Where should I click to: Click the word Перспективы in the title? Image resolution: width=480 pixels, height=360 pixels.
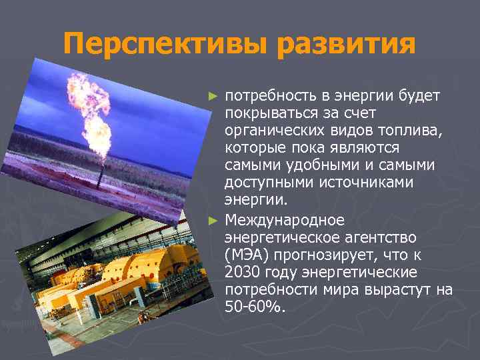pyautogui.click(x=167, y=45)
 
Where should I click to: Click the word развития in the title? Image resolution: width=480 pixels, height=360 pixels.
pyautogui.click(x=347, y=45)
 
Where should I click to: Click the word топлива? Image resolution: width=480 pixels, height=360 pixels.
pyautogui.click(x=410, y=131)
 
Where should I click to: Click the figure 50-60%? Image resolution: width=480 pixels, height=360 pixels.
pyautogui.click(x=255, y=307)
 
